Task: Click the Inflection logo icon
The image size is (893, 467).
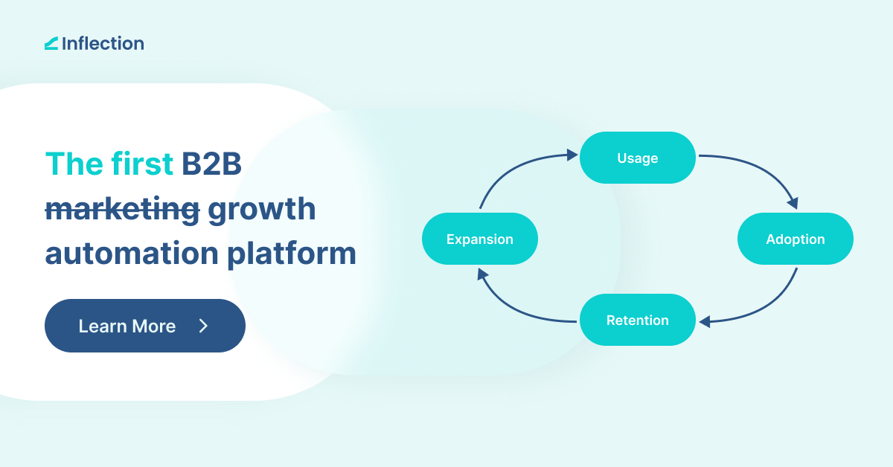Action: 51,44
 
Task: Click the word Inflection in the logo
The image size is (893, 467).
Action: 103,43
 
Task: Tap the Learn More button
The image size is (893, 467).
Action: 144,326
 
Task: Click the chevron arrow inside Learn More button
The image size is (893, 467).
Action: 203,326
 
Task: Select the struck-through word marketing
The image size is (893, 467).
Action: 122,210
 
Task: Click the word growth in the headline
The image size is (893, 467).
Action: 262,210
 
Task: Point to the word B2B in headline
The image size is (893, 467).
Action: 211,164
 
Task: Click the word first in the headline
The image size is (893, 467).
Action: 141,164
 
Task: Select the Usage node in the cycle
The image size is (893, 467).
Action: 638,158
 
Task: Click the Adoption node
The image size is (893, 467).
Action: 795,239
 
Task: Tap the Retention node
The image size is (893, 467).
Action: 638,321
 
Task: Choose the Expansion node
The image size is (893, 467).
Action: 480,239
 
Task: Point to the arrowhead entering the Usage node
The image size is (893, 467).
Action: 572,155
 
